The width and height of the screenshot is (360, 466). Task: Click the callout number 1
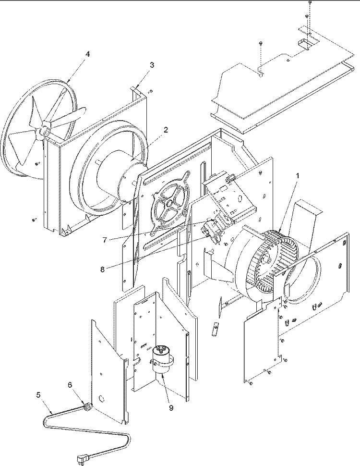tap(297, 176)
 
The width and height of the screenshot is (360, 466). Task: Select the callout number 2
tap(166, 130)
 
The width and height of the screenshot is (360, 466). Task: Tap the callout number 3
tap(152, 65)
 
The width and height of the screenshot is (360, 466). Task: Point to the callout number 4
tap(87, 54)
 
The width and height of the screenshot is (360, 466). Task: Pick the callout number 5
tap(38, 395)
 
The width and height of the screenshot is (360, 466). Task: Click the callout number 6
tap(70, 385)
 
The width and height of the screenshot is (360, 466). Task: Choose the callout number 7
tap(105, 240)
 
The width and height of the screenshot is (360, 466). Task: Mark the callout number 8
tap(102, 270)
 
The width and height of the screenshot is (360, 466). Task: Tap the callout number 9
tap(171, 408)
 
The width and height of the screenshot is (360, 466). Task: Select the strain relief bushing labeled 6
tap(88, 406)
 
